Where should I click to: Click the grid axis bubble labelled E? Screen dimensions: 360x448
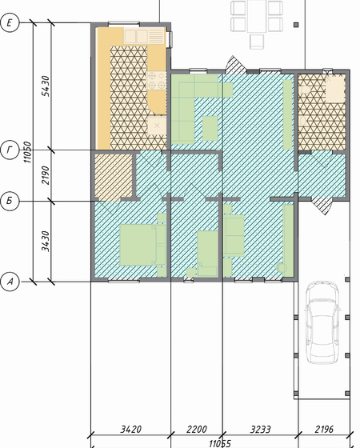10,22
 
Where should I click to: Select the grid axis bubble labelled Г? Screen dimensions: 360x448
10,150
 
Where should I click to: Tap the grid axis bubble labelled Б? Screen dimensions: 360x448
10,201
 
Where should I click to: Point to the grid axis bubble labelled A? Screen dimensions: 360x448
10,282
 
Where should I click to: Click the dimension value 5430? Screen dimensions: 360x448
46,86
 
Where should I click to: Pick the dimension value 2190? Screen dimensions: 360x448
46,175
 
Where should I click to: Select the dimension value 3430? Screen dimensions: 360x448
46,242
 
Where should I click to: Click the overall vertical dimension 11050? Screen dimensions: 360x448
28,152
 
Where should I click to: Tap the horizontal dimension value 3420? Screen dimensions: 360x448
130,429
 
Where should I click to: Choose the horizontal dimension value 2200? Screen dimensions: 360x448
197,429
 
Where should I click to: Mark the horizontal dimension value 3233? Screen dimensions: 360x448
260,429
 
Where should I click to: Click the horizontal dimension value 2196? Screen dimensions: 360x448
324,429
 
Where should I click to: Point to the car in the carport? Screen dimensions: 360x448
322,323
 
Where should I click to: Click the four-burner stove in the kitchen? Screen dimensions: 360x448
156,80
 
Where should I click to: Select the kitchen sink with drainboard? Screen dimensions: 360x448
144,36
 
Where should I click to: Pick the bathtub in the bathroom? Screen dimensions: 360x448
335,89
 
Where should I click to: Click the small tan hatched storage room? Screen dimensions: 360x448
114,177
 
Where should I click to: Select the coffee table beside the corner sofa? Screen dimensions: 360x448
210,128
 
